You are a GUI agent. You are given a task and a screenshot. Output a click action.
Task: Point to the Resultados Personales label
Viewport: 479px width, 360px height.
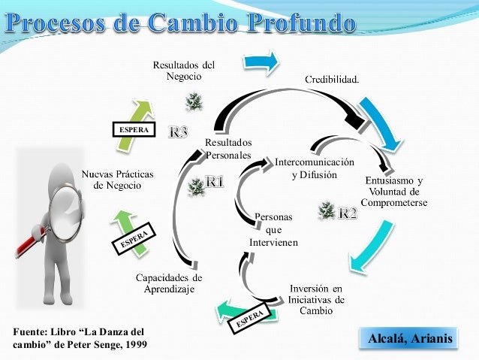coord(228,149)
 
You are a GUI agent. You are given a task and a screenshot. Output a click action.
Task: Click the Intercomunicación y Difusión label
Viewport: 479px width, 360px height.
coord(315,168)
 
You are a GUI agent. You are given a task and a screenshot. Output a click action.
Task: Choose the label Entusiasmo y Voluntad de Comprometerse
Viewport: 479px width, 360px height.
coord(393,192)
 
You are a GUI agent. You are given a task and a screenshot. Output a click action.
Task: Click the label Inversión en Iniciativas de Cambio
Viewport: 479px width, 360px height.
coord(317,299)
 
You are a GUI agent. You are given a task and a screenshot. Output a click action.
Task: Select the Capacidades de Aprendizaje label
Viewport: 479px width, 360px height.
coord(169,283)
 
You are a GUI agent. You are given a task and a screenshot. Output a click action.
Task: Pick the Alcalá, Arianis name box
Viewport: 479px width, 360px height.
coord(410,339)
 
